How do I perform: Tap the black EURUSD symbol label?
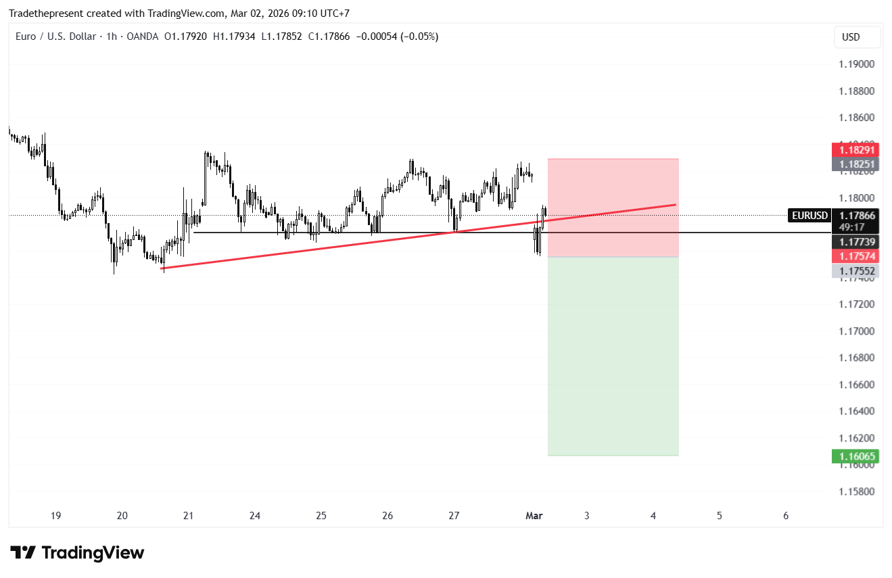click(809, 216)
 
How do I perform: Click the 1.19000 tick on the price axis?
click(857, 64)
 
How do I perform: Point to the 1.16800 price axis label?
click(857, 358)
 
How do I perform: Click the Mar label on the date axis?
click(534, 516)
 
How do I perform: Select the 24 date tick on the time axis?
click(255, 516)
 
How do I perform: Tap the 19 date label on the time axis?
click(55, 516)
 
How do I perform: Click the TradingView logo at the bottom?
click(77, 553)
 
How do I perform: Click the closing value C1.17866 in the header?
click(329, 37)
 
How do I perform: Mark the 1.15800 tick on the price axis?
click(857, 491)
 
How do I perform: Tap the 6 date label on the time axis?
click(786, 516)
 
